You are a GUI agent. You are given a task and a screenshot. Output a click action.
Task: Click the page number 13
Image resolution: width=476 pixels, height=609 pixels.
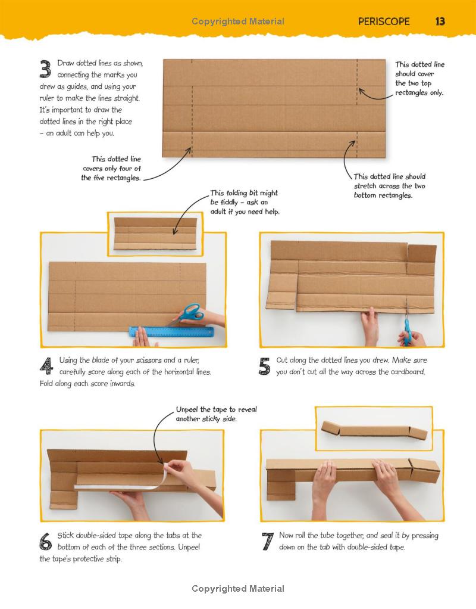[440, 21]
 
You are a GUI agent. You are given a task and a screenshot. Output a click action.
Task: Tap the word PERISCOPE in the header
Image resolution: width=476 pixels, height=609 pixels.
[384, 21]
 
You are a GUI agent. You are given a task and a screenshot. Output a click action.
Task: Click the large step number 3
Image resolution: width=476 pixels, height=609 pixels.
[45, 69]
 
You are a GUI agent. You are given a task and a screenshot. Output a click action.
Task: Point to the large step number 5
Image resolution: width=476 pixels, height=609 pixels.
[265, 366]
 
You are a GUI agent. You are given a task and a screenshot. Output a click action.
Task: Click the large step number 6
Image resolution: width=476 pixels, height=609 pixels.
[45, 542]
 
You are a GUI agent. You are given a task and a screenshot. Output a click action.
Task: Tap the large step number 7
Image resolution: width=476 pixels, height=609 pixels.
[268, 542]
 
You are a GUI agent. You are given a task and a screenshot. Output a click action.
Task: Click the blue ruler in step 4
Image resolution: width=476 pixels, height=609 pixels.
[171, 332]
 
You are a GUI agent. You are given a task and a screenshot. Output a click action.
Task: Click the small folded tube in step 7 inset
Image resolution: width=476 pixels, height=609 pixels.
[374, 430]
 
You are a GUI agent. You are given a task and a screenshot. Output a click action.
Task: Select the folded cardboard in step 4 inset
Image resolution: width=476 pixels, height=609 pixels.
[155, 234]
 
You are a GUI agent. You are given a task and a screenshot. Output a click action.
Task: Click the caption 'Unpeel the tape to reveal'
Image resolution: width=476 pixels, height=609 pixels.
[216, 409]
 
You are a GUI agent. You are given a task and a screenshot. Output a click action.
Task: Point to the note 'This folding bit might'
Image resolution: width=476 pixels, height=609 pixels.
[244, 193]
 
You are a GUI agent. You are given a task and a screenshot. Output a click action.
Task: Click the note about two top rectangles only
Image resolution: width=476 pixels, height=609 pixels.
[419, 79]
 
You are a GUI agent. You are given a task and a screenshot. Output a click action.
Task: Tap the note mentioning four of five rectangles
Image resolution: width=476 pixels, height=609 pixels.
[111, 169]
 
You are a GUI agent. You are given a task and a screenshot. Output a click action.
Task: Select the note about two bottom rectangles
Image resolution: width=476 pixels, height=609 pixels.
[390, 186]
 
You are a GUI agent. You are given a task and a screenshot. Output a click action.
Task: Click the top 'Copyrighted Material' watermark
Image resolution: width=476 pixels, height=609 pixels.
[238, 21]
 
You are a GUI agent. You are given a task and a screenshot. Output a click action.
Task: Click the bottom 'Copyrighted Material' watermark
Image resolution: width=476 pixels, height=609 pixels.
[238, 589]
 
